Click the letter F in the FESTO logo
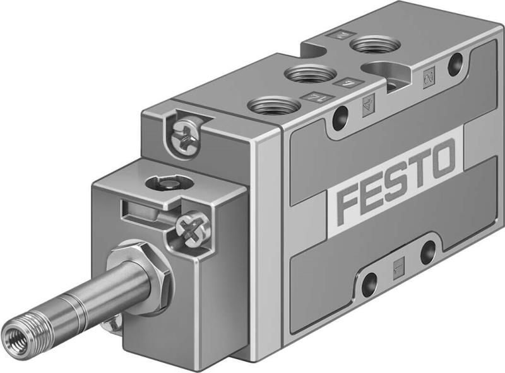[348, 203]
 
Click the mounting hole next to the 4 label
[342, 116]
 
